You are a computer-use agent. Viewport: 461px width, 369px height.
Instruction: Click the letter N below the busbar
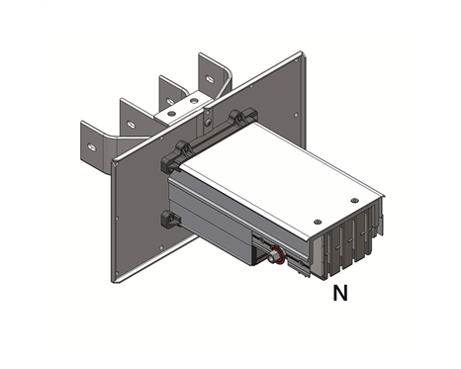pos(340,293)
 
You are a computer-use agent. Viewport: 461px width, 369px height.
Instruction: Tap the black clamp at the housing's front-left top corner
pos(179,149)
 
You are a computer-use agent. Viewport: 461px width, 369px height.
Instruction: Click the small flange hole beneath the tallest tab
pos(212,120)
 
